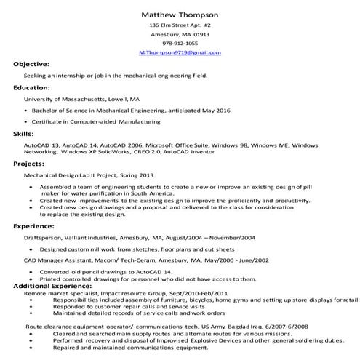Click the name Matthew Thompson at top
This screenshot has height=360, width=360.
tap(180, 15)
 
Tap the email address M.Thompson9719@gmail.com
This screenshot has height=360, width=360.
tap(180, 53)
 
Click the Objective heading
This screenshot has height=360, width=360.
tap(31, 65)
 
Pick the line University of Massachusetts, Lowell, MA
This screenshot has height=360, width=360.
tap(81, 98)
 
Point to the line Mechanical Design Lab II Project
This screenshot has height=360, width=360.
tap(89, 175)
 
